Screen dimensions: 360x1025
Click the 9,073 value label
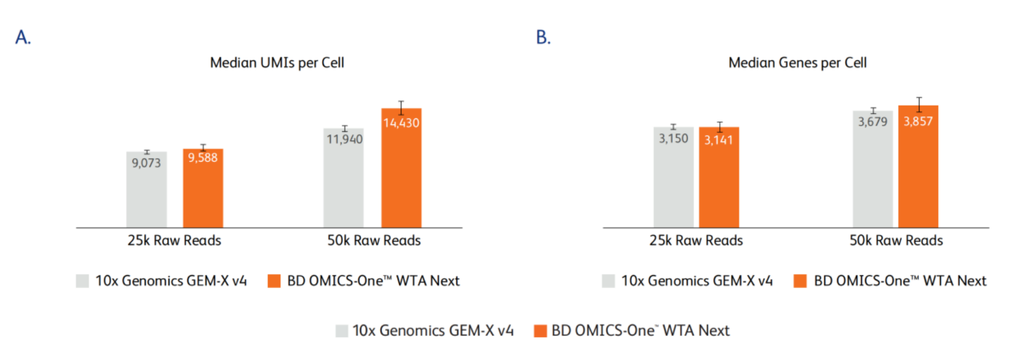(x=146, y=163)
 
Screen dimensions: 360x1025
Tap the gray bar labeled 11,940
(x=343, y=183)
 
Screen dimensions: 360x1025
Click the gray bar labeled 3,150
(x=673, y=183)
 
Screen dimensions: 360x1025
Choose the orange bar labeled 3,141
(x=719, y=183)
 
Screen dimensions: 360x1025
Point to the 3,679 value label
(x=872, y=121)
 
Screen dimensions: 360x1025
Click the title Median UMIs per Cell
(x=277, y=63)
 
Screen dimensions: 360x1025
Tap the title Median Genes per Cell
(x=797, y=63)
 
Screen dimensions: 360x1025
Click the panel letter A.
(x=23, y=38)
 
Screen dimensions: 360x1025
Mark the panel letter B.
(x=543, y=38)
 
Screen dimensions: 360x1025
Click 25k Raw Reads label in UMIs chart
(x=174, y=240)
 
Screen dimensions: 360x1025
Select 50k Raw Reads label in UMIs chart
(x=374, y=240)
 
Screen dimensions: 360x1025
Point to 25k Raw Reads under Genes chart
(x=696, y=240)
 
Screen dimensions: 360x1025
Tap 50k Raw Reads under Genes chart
(x=896, y=240)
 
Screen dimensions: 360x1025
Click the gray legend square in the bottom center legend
(x=342, y=331)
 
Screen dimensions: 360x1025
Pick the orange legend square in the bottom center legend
(x=540, y=331)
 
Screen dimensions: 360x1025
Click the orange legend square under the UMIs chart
(x=274, y=281)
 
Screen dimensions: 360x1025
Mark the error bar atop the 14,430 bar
(x=401, y=108)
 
